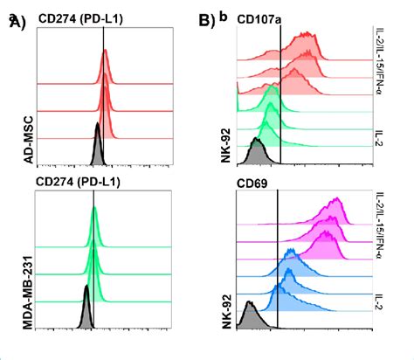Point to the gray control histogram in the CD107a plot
pos(257,156)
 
